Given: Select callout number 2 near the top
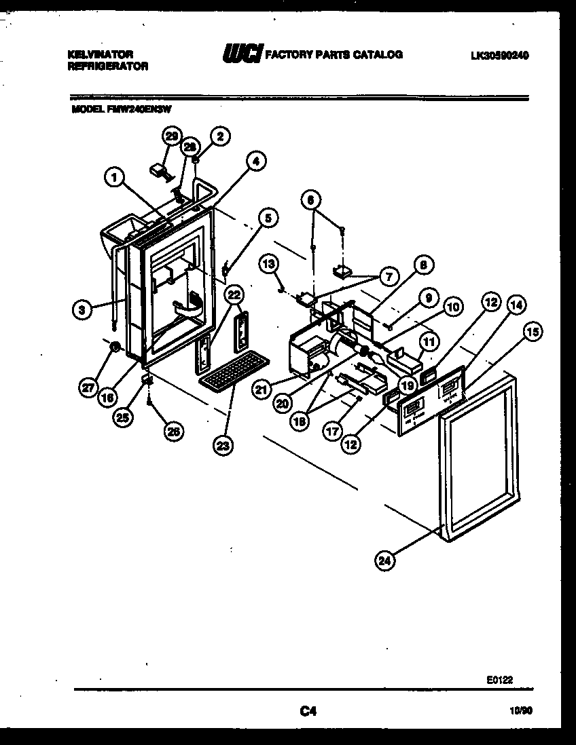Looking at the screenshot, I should [x=219, y=136].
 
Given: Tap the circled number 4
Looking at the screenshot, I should [x=255, y=161].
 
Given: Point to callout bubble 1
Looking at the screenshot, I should [x=115, y=178].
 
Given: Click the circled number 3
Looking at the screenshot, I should [x=82, y=309].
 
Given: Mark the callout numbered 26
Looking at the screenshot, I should [x=174, y=431].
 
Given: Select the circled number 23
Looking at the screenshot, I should [x=223, y=445].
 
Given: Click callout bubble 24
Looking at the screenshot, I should [x=385, y=560].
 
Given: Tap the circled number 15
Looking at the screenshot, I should [x=533, y=332].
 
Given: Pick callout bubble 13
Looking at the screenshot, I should [x=269, y=263].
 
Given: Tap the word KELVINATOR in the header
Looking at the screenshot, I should [x=101, y=54].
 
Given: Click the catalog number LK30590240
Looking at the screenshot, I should [x=499, y=56].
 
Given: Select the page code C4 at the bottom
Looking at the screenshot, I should [x=308, y=711].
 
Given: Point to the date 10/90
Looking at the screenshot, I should [x=517, y=711].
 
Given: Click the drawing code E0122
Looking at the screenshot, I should [x=499, y=678].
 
